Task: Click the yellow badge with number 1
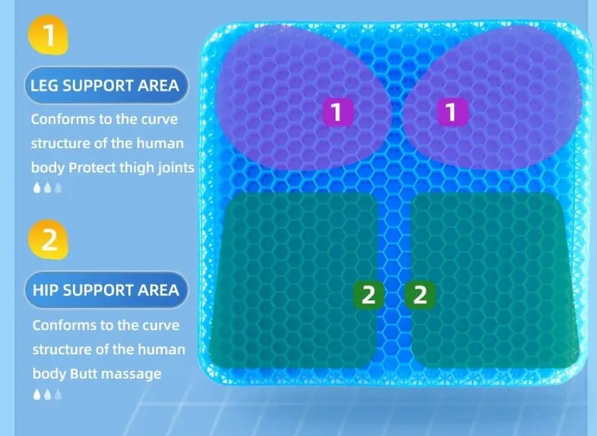click(x=49, y=35)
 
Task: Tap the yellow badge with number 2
click(x=49, y=240)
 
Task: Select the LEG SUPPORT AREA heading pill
click(x=106, y=86)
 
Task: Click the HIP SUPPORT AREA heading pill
click(x=106, y=290)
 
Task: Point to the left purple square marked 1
click(x=337, y=112)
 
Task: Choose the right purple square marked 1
click(x=451, y=112)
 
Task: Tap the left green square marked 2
click(x=368, y=294)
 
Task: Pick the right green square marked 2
click(x=420, y=294)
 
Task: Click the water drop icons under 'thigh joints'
click(x=47, y=187)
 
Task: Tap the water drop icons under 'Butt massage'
click(x=47, y=394)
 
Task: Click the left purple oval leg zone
click(x=304, y=97)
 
